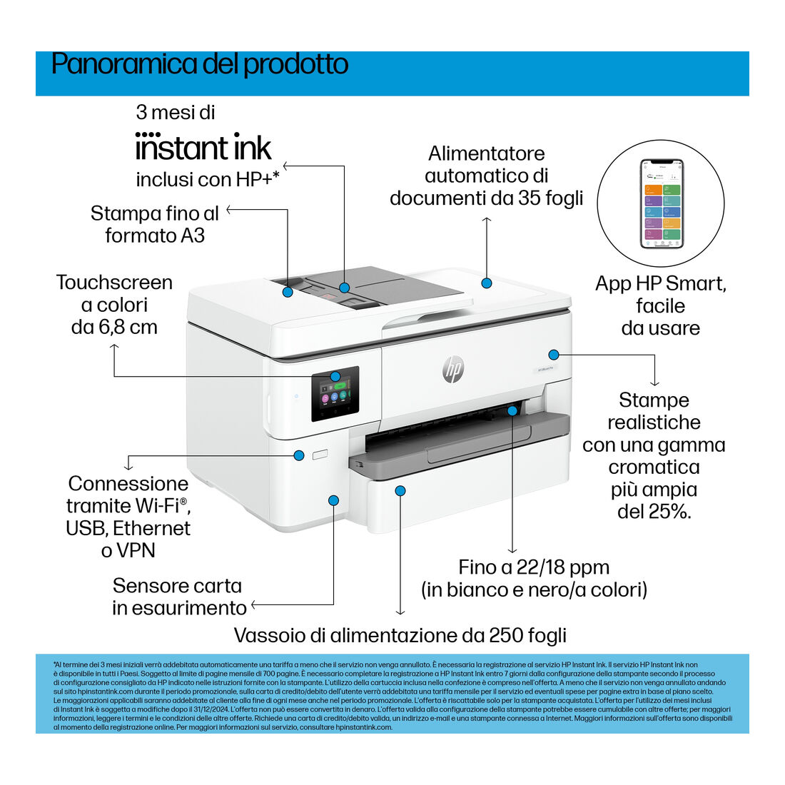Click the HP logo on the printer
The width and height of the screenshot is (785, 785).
[453, 370]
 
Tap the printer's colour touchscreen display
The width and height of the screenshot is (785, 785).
[335, 394]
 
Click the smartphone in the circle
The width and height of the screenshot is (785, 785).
[662, 204]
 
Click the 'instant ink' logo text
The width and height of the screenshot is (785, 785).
[203, 147]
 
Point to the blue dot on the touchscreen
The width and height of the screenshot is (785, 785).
[335, 376]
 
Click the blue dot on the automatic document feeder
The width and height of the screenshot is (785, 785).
[486, 283]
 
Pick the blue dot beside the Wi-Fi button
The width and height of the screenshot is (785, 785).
[299, 455]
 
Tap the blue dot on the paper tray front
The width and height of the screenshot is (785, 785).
[400, 491]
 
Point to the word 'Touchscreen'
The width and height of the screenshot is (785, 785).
[114, 283]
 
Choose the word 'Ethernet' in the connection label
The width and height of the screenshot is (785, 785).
[152, 528]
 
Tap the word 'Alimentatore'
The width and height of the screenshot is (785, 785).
[486, 153]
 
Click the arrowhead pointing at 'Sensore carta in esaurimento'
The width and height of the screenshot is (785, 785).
[254, 604]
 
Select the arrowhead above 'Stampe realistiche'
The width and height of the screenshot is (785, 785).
[655, 383]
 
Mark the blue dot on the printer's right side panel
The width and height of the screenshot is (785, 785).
[553, 355]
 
